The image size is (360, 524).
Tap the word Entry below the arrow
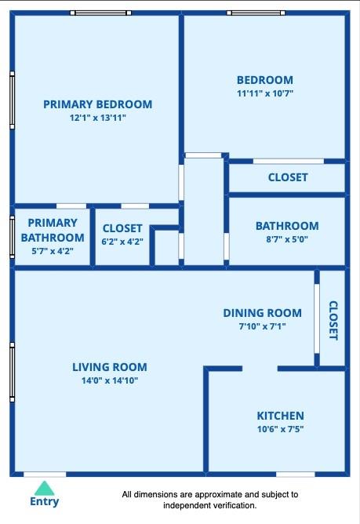coord(44,501)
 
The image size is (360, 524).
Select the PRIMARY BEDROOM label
coord(97,104)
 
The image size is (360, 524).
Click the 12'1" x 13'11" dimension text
coord(97,118)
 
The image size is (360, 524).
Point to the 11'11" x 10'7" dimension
coord(265,93)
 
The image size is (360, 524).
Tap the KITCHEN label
coord(281,416)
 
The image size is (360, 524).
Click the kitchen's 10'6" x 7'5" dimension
coord(281,429)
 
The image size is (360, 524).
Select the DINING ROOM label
coord(263,313)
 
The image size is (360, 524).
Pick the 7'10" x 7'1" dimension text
coord(263,326)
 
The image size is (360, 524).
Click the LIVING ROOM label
coord(110,367)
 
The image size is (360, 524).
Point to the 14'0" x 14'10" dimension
coord(110,380)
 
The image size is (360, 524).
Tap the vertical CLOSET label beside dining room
coord(333,320)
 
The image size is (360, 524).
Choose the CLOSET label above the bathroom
coord(288,177)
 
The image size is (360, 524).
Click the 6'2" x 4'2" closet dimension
coord(122,242)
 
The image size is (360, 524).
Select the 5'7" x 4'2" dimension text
coord(53,251)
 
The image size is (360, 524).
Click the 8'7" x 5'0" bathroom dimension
coord(287,239)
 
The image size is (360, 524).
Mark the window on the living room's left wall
coord(12,372)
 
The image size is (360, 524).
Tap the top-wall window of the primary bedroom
coord(100,13)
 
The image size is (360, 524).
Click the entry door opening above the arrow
coord(45,475)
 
